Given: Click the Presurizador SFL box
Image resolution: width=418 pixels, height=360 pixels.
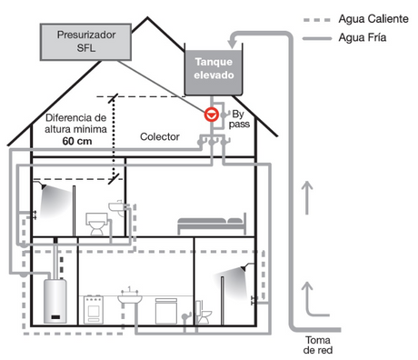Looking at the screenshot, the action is (x=85, y=42).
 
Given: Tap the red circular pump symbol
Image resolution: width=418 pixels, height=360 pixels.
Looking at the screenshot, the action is (x=212, y=115).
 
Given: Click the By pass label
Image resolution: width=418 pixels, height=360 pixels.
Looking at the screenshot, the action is (x=239, y=119).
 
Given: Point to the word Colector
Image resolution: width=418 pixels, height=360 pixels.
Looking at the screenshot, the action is (x=160, y=136).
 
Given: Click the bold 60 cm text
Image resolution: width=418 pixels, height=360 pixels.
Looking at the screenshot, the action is (x=77, y=141).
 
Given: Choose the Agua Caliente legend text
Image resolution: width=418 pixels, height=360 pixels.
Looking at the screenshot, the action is (x=373, y=19).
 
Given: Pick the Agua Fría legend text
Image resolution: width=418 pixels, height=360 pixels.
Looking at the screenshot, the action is (x=363, y=37).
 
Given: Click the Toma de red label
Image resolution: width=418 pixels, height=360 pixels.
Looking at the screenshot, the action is (x=318, y=345).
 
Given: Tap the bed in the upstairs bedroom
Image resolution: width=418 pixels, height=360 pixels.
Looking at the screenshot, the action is (x=212, y=224).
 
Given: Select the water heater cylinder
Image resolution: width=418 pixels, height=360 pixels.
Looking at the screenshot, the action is (x=55, y=301).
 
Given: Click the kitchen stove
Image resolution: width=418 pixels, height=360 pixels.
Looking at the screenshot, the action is (x=94, y=310).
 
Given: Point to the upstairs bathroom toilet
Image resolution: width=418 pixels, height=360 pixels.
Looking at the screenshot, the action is (x=97, y=224).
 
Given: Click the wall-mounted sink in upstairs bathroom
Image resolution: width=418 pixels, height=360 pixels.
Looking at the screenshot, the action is (x=116, y=207).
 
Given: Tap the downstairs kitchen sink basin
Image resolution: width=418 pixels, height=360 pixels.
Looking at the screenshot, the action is (x=130, y=298).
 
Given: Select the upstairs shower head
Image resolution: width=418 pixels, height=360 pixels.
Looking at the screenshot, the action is (x=44, y=187).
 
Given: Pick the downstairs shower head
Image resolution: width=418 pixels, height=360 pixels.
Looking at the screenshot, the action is (x=244, y=268).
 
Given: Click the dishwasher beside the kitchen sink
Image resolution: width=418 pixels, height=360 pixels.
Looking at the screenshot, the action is (x=165, y=311).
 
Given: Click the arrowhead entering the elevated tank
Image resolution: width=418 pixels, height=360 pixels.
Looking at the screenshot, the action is (x=233, y=45).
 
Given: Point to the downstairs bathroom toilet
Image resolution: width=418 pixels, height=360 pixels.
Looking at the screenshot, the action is (x=204, y=312).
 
